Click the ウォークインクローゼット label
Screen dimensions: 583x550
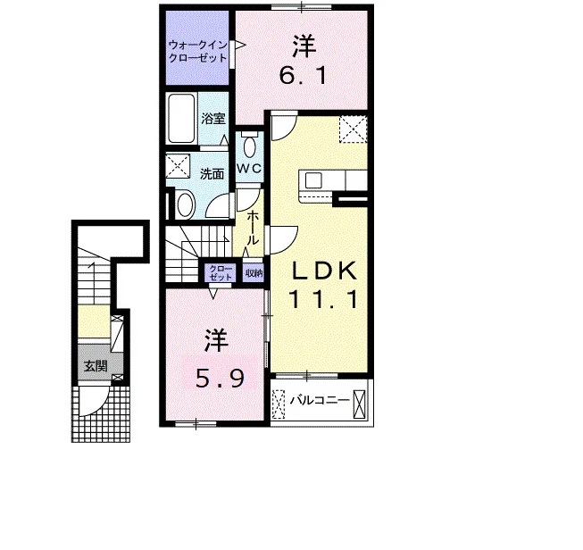tap(197, 52)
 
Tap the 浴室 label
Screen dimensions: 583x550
tap(213, 119)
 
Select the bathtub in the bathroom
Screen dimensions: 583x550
tap(181, 119)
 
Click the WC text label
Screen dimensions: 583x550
tap(249, 169)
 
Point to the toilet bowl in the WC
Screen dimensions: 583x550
tap(249, 146)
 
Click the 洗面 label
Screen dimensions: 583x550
tap(212, 174)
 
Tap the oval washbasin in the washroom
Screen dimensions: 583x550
tap(186, 204)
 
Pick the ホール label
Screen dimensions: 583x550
tap(253, 227)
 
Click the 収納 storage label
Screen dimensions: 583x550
tap(254, 273)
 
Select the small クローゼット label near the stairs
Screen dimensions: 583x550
tap(221, 273)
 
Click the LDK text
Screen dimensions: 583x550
tap(324, 271)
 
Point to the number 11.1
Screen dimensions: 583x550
tap(324, 300)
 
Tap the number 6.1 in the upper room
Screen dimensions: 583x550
tap(303, 76)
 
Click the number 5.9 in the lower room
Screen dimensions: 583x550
tap(221, 379)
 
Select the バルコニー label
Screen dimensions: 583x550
tap(321, 400)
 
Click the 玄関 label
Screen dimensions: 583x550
tap(96, 366)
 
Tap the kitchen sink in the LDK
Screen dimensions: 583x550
tap(313, 181)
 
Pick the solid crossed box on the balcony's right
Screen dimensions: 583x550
tap(360, 404)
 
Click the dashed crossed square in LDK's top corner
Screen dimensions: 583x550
tap(353, 129)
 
